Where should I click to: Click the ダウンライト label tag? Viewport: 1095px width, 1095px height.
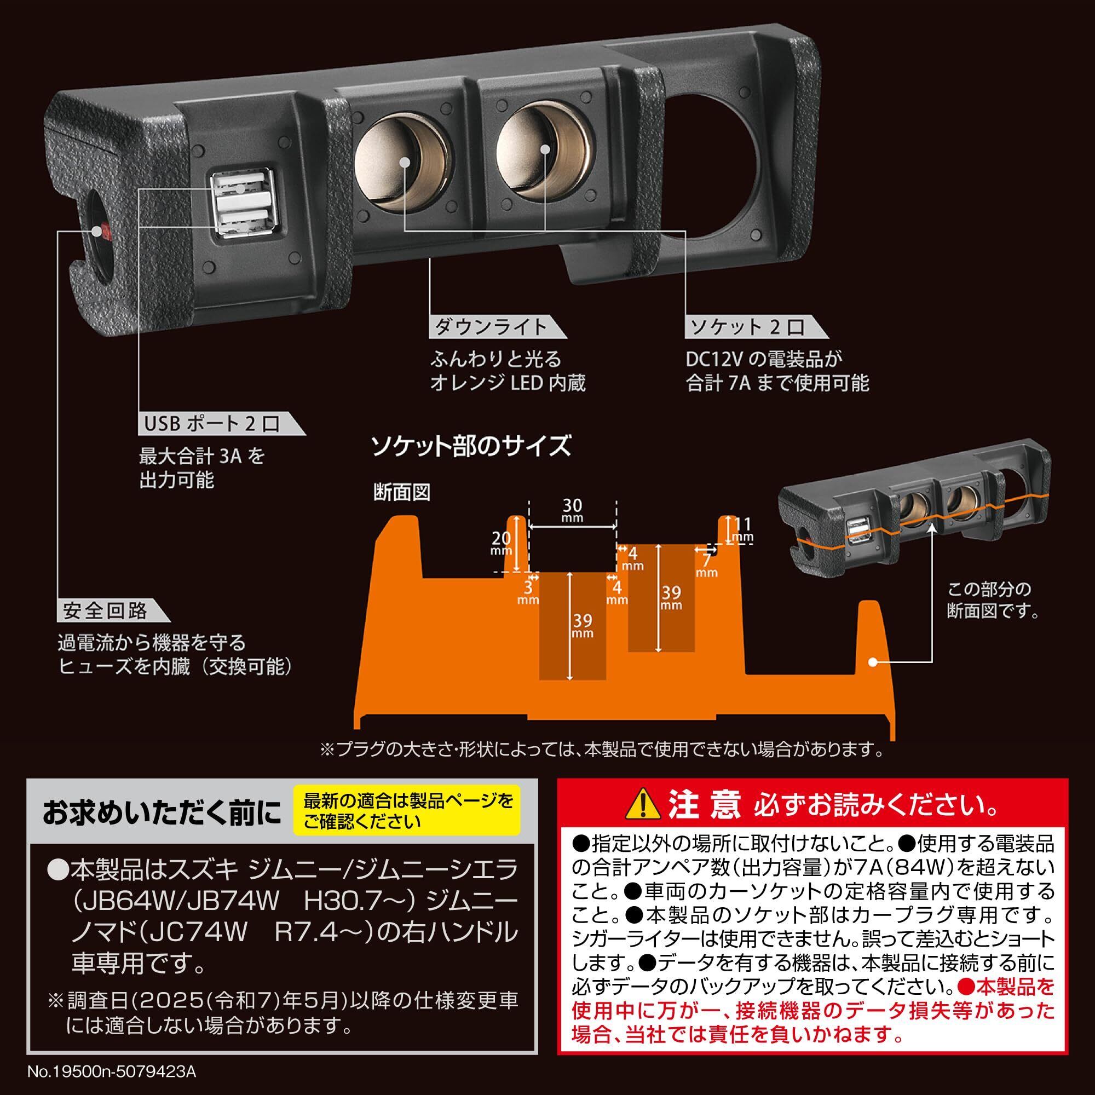pyautogui.click(x=493, y=327)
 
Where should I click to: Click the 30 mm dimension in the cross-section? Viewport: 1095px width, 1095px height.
pyautogui.click(x=573, y=510)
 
